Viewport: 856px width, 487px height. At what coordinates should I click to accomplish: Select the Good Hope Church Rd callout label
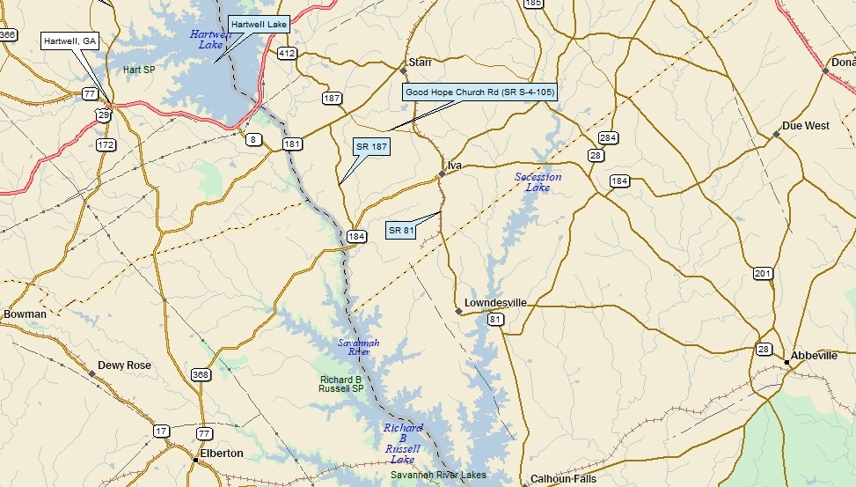click(x=479, y=92)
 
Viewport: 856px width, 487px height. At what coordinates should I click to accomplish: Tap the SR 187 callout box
click(x=372, y=146)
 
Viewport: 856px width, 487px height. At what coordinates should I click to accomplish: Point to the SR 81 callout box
click(x=400, y=231)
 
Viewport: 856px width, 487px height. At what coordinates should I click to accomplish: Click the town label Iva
click(x=455, y=166)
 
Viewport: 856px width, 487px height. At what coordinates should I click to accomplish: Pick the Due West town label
click(x=806, y=126)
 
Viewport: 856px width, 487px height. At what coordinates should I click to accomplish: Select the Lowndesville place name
click(x=495, y=303)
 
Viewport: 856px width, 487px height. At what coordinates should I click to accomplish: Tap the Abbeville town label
click(x=814, y=356)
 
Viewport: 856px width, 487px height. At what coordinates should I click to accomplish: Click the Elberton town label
click(x=222, y=454)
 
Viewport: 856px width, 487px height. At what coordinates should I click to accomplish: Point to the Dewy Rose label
click(x=124, y=365)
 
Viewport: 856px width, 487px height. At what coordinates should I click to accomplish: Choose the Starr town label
click(x=421, y=63)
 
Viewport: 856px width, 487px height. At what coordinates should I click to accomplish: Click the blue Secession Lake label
click(x=538, y=182)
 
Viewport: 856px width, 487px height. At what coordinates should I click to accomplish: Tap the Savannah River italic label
click(x=359, y=347)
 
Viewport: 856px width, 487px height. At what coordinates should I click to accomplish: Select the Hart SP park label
click(x=139, y=70)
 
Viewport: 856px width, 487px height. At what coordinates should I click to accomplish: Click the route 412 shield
click(x=287, y=54)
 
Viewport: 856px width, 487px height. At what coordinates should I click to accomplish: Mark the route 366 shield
click(x=8, y=35)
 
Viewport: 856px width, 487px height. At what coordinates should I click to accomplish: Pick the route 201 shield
click(x=763, y=274)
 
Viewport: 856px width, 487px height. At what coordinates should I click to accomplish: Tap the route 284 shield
click(x=608, y=138)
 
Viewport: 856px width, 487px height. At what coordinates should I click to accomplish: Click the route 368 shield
click(x=201, y=374)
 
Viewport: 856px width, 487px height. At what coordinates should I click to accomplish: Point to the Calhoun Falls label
click(x=563, y=480)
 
